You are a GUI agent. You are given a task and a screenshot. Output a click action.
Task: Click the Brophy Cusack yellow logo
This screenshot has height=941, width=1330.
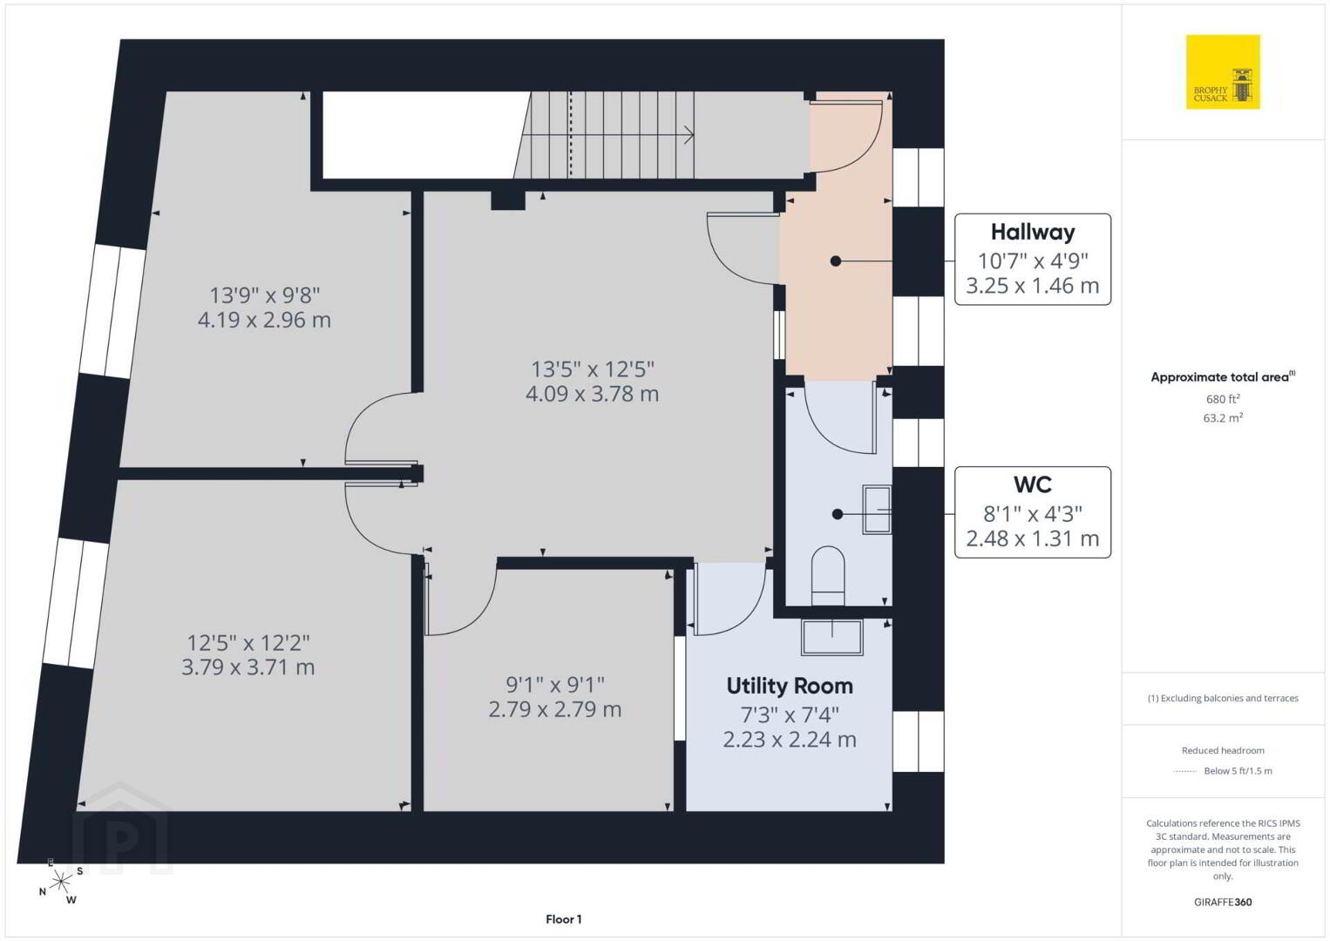(1223, 71)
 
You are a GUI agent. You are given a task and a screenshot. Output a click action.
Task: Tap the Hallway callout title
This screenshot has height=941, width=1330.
(1033, 232)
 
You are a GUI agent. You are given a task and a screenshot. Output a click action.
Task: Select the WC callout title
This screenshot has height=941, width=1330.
(1033, 484)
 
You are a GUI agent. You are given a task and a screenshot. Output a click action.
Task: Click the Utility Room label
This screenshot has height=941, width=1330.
(790, 686)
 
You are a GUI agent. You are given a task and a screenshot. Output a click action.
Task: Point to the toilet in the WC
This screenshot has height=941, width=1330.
(828, 575)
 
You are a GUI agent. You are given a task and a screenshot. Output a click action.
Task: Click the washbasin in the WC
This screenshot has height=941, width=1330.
(877, 510)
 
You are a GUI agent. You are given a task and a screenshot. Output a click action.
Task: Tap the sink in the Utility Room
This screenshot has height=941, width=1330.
(831, 637)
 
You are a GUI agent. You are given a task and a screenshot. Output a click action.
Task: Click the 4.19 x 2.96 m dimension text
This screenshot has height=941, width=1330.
(264, 320)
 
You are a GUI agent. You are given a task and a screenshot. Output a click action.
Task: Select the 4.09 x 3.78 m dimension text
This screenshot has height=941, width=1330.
(592, 394)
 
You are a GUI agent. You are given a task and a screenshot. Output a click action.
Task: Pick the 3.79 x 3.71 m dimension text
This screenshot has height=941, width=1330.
(248, 667)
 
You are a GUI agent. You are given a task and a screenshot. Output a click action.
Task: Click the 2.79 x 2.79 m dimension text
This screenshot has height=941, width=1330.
(554, 709)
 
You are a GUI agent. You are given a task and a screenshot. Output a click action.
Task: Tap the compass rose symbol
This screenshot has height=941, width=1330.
(60, 882)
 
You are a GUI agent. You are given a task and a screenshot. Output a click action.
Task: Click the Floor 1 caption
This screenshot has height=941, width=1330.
(564, 919)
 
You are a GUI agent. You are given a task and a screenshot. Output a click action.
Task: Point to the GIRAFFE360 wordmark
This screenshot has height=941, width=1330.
(1223, 902)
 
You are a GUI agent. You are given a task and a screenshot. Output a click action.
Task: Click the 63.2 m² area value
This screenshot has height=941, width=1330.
(1223, 417)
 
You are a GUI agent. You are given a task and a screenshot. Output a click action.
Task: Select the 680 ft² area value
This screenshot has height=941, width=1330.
(1223, 399)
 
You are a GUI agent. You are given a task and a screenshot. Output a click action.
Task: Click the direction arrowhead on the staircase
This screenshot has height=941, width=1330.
(690, 135)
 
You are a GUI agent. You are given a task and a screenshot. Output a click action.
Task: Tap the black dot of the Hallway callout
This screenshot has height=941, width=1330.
(836, 261)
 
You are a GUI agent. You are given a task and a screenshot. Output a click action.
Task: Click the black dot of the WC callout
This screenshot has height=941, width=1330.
(838, 514)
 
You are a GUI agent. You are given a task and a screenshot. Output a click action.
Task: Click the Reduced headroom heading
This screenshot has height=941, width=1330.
(1223, 750)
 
